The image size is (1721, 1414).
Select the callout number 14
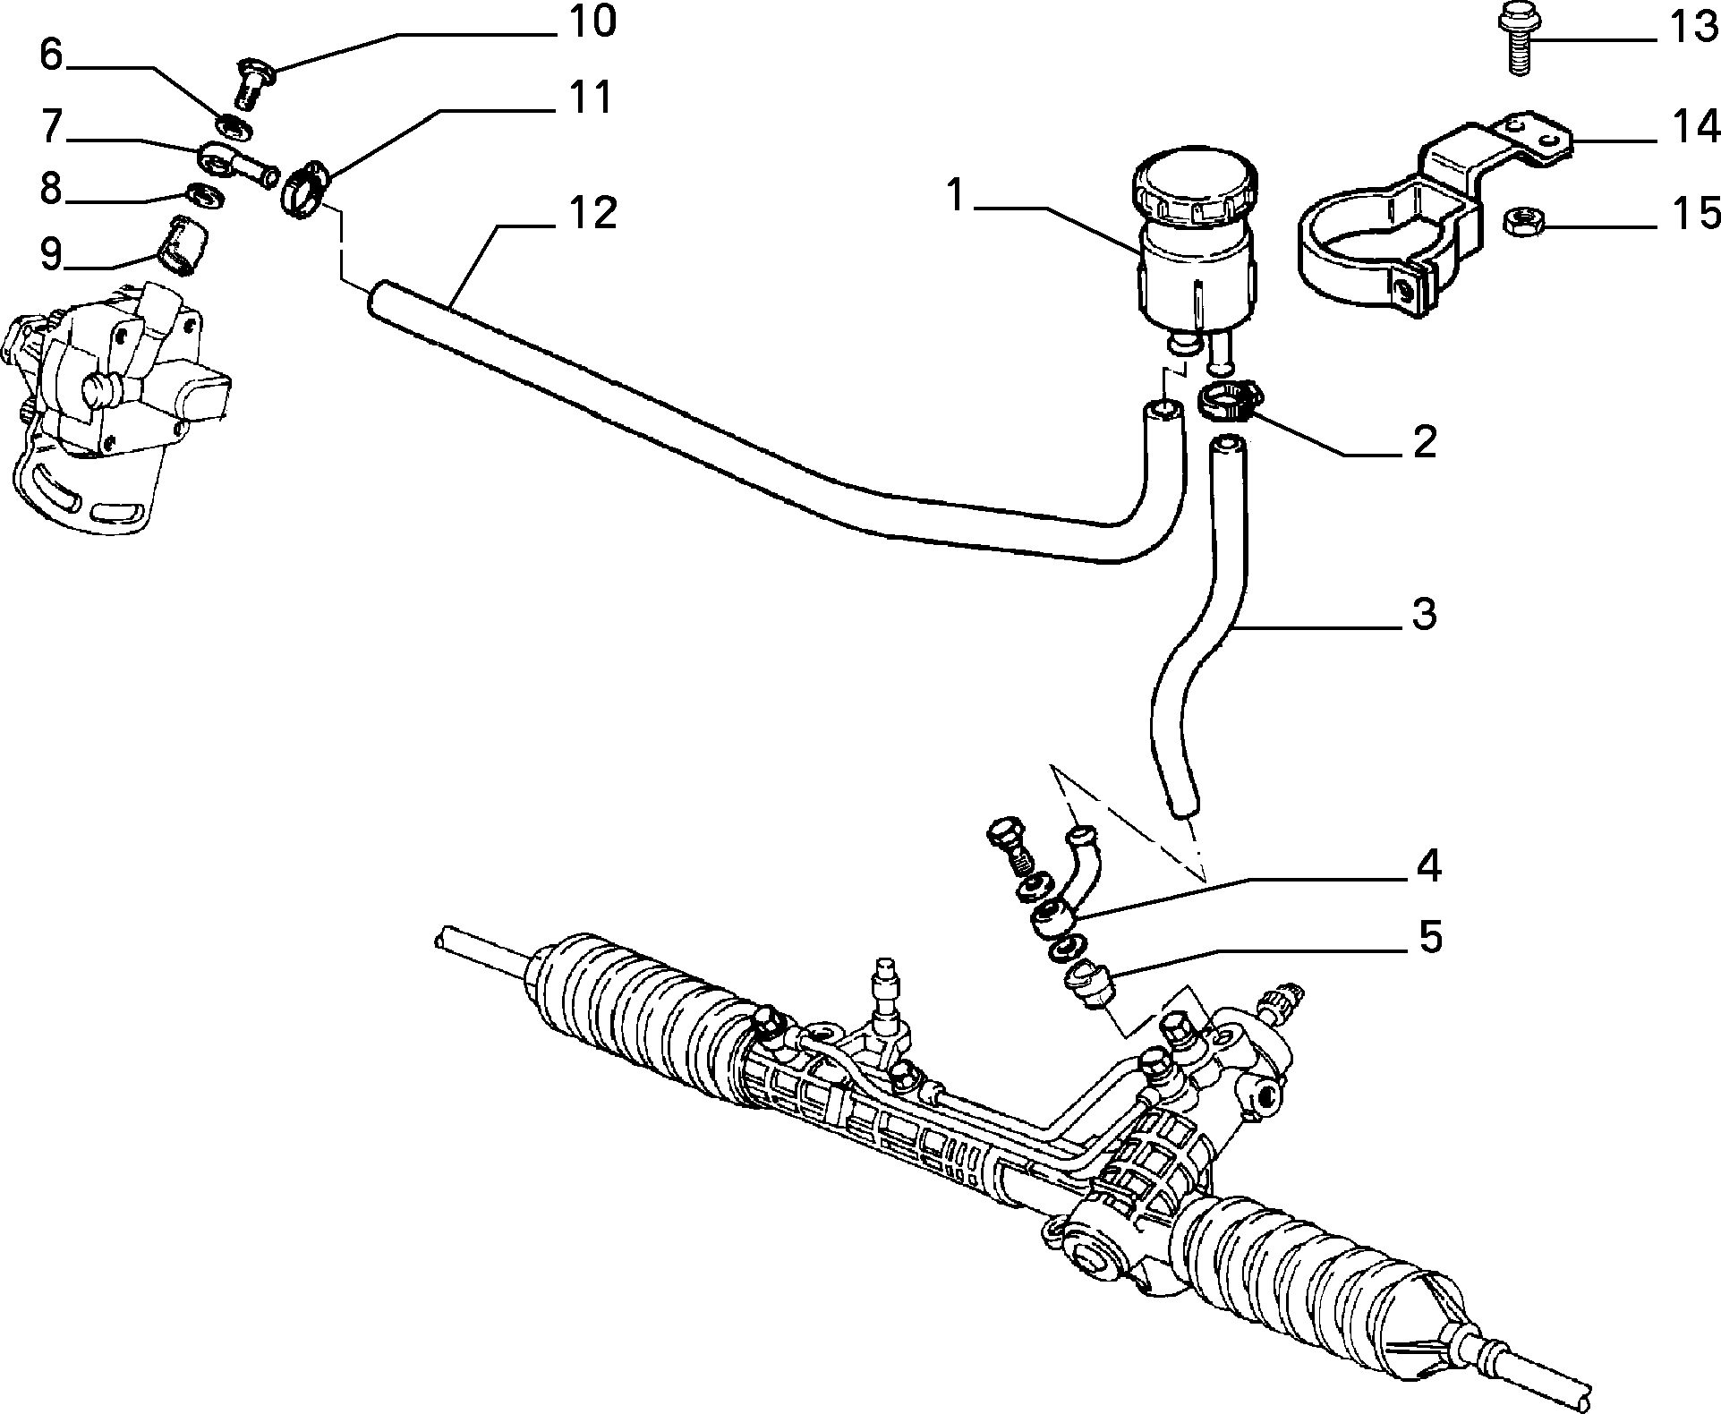pyautogui.click(x=1690, y=128)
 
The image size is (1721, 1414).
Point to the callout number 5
pyautogui.click(x=1429, y=937)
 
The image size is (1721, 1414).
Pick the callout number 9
pyautogui.click(x=51, y=254)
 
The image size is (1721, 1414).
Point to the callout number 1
pyautogui.click(x=957, y=196)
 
